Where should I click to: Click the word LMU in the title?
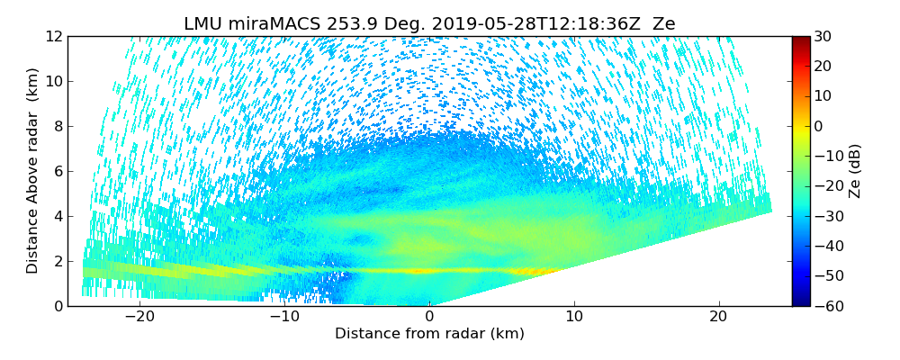tap(202, 24)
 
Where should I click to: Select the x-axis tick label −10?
tap(283, 317)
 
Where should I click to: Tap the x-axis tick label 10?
tap(574, 317)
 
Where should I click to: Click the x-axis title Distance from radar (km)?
tap(429, 334)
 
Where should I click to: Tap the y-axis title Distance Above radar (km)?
tap(33, 170)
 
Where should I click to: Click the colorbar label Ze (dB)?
tap(855, 170)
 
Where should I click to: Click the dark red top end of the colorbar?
tap(800, 40)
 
